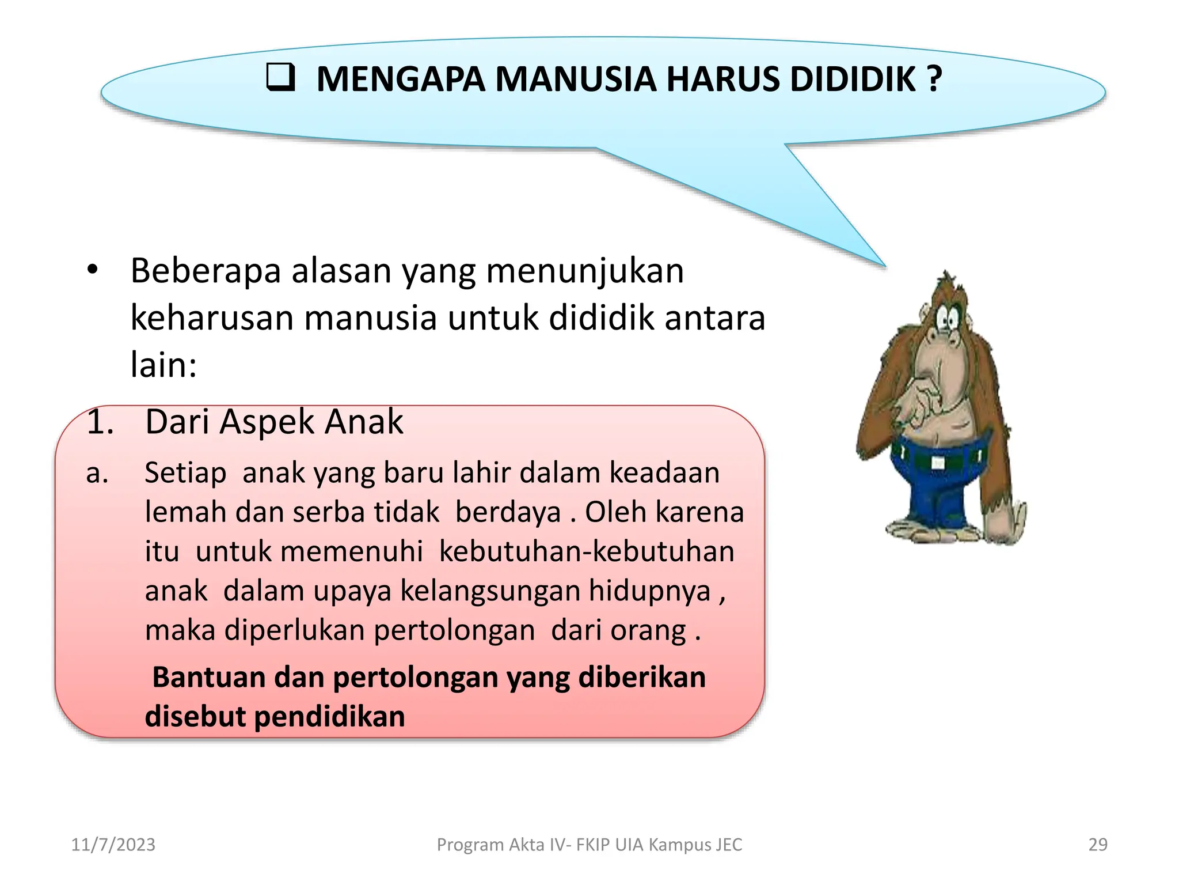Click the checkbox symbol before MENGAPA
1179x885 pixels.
(x=281, y=78)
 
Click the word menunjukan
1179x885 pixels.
(x=585, y=271)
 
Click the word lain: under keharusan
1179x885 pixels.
(x=163, y=365)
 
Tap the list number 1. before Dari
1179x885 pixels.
(x=100, y=421)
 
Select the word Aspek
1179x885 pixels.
(x=267, y=422)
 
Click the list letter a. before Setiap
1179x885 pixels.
(x=97, y=474)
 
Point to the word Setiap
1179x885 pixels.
(x=185, y=474)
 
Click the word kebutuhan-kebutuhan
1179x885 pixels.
(x=586, y=551)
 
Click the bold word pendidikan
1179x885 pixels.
(x=329, y=717)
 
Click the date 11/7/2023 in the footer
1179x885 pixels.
(x=113, y=844)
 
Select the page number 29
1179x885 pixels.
(x=1097, y=844)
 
